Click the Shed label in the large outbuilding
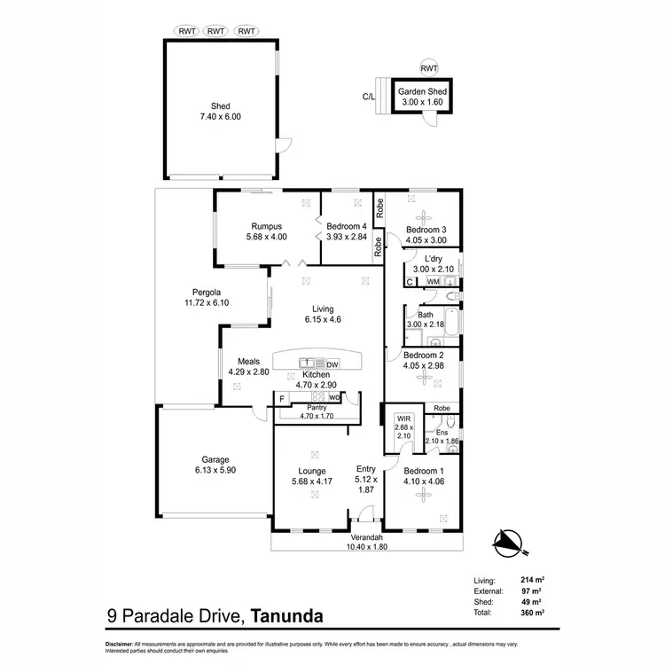tap(220, 106)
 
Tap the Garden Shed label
tap(422, 91)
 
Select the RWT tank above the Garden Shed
tap(428, 67)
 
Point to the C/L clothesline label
tap(368, 98)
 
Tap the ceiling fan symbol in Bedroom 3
tap(422, 214)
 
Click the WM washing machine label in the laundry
tap(433, 281)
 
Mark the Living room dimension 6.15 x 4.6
tap(324, 319)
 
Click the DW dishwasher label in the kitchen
tap(332, 364)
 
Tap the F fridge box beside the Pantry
tap(281, 398)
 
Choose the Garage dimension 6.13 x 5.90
tap(215, 471)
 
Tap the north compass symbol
tap(505, 537)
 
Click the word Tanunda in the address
tap(286, 614)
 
